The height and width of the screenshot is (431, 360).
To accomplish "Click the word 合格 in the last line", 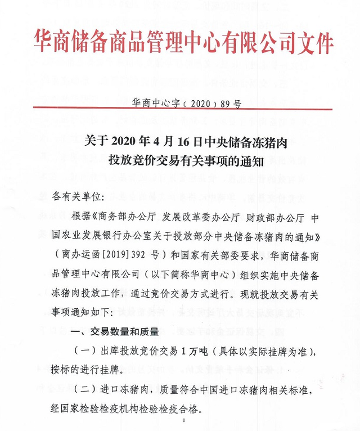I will [x=187, y=408].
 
